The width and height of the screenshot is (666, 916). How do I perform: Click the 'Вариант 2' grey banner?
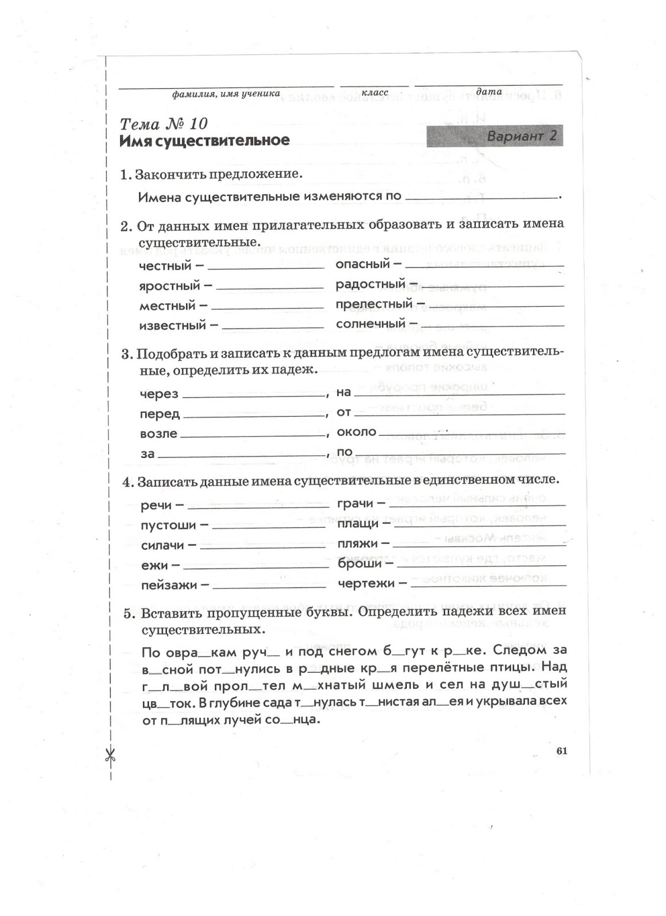[495, 136]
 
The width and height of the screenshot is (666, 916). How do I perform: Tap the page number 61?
[561, 752]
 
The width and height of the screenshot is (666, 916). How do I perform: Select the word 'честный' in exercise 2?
[165, 266]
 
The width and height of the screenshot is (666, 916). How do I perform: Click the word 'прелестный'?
[373, 304]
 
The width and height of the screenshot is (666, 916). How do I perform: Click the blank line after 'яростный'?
[269, 287]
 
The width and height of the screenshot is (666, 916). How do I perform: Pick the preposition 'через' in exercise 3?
[159, 394]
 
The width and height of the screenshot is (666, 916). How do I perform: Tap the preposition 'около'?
[356, 432]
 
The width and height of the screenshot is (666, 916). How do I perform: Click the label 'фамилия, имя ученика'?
[226, 93]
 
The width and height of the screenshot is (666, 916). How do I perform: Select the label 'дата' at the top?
[488, 91]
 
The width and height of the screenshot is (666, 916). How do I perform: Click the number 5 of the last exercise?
[129, 614]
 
